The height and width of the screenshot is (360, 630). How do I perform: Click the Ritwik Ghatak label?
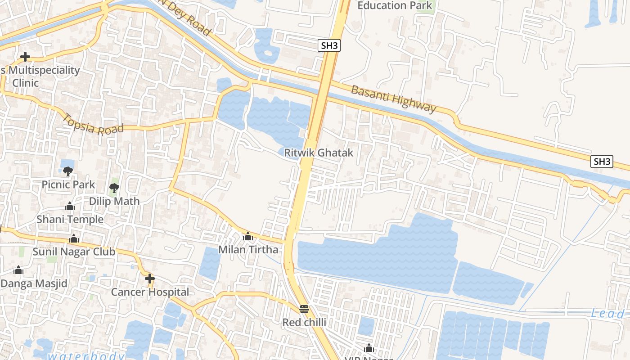pos(319,153)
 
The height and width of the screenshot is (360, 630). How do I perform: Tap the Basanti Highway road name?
pos(394,99)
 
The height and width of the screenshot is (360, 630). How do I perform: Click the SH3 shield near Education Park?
pos(328,45)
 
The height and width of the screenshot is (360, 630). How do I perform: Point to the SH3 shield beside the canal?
pos(602,162)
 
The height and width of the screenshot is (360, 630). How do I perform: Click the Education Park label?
pos(395,5)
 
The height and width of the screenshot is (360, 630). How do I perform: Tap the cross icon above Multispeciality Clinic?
pos(25,57)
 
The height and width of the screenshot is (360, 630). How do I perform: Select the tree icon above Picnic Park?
pos(68,171)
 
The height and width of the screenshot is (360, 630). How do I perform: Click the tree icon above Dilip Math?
pos(114,188)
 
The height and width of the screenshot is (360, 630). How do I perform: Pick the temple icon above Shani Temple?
pos(70,207)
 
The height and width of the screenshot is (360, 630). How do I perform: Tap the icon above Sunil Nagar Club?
pos(74,238)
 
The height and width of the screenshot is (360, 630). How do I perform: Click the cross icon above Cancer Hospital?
pos(150,279)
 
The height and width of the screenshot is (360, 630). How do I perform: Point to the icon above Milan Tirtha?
pos(248,236)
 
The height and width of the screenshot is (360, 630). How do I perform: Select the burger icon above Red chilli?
pos(304,309)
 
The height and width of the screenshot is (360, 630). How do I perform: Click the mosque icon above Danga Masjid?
pos(18,270)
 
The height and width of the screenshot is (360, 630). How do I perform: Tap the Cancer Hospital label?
pos(150,292)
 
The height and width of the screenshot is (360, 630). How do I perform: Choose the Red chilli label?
pos(304,322)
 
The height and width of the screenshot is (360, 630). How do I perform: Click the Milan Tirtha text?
pos(248,249)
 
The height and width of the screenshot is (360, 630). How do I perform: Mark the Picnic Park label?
pos(68,184)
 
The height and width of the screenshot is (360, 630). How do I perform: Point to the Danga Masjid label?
pos(34,283)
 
